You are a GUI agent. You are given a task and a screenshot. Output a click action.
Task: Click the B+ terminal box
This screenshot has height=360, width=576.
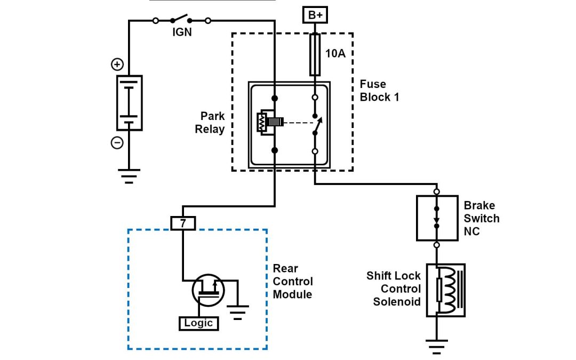click(315, 15)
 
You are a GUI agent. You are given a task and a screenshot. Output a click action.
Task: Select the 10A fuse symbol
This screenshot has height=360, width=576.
click(315, 54)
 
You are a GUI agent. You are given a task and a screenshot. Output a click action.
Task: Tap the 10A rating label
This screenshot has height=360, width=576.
click(336, 53)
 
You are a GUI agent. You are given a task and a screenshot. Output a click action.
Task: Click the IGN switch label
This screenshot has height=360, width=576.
click(181, 32)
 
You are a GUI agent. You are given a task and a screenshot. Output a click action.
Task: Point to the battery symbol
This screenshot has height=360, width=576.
click(130, 102)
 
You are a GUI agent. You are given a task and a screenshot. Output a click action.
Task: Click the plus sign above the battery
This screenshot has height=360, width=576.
click(116, 65)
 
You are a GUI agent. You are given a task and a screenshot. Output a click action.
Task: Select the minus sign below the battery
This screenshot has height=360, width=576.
click(117, 143)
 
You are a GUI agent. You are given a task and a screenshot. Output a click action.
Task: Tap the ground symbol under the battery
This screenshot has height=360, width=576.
click(129, 175)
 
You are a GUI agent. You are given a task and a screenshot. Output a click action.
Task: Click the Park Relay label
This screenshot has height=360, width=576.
click(212, 122)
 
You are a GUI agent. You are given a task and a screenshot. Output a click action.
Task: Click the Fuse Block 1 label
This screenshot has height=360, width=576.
click(379, 91)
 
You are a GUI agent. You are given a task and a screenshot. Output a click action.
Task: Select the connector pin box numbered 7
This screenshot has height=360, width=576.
click(183, 223)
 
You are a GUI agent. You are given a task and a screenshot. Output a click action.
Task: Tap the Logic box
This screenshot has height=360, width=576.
click(198, 323)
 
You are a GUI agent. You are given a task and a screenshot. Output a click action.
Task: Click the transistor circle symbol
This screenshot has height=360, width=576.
click(208, 291)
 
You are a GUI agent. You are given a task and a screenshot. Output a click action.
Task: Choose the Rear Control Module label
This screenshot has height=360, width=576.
click(293, 281)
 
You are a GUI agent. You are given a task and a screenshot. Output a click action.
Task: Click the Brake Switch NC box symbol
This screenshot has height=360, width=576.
click(437, 218)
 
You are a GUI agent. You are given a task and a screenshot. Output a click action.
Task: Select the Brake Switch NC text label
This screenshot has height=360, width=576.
click(482, 218)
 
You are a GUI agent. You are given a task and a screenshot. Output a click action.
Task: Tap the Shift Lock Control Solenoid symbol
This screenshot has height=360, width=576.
click(445, 290)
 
